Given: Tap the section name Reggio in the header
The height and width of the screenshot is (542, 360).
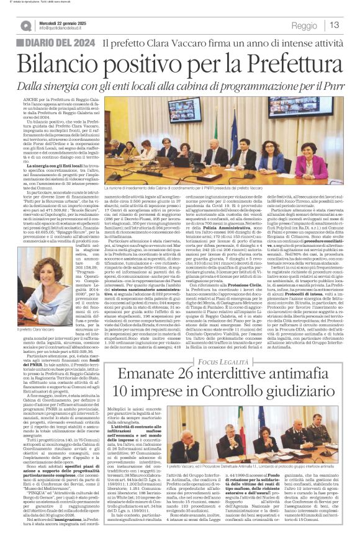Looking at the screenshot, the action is pyautogui.click(x=304, y=25).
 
